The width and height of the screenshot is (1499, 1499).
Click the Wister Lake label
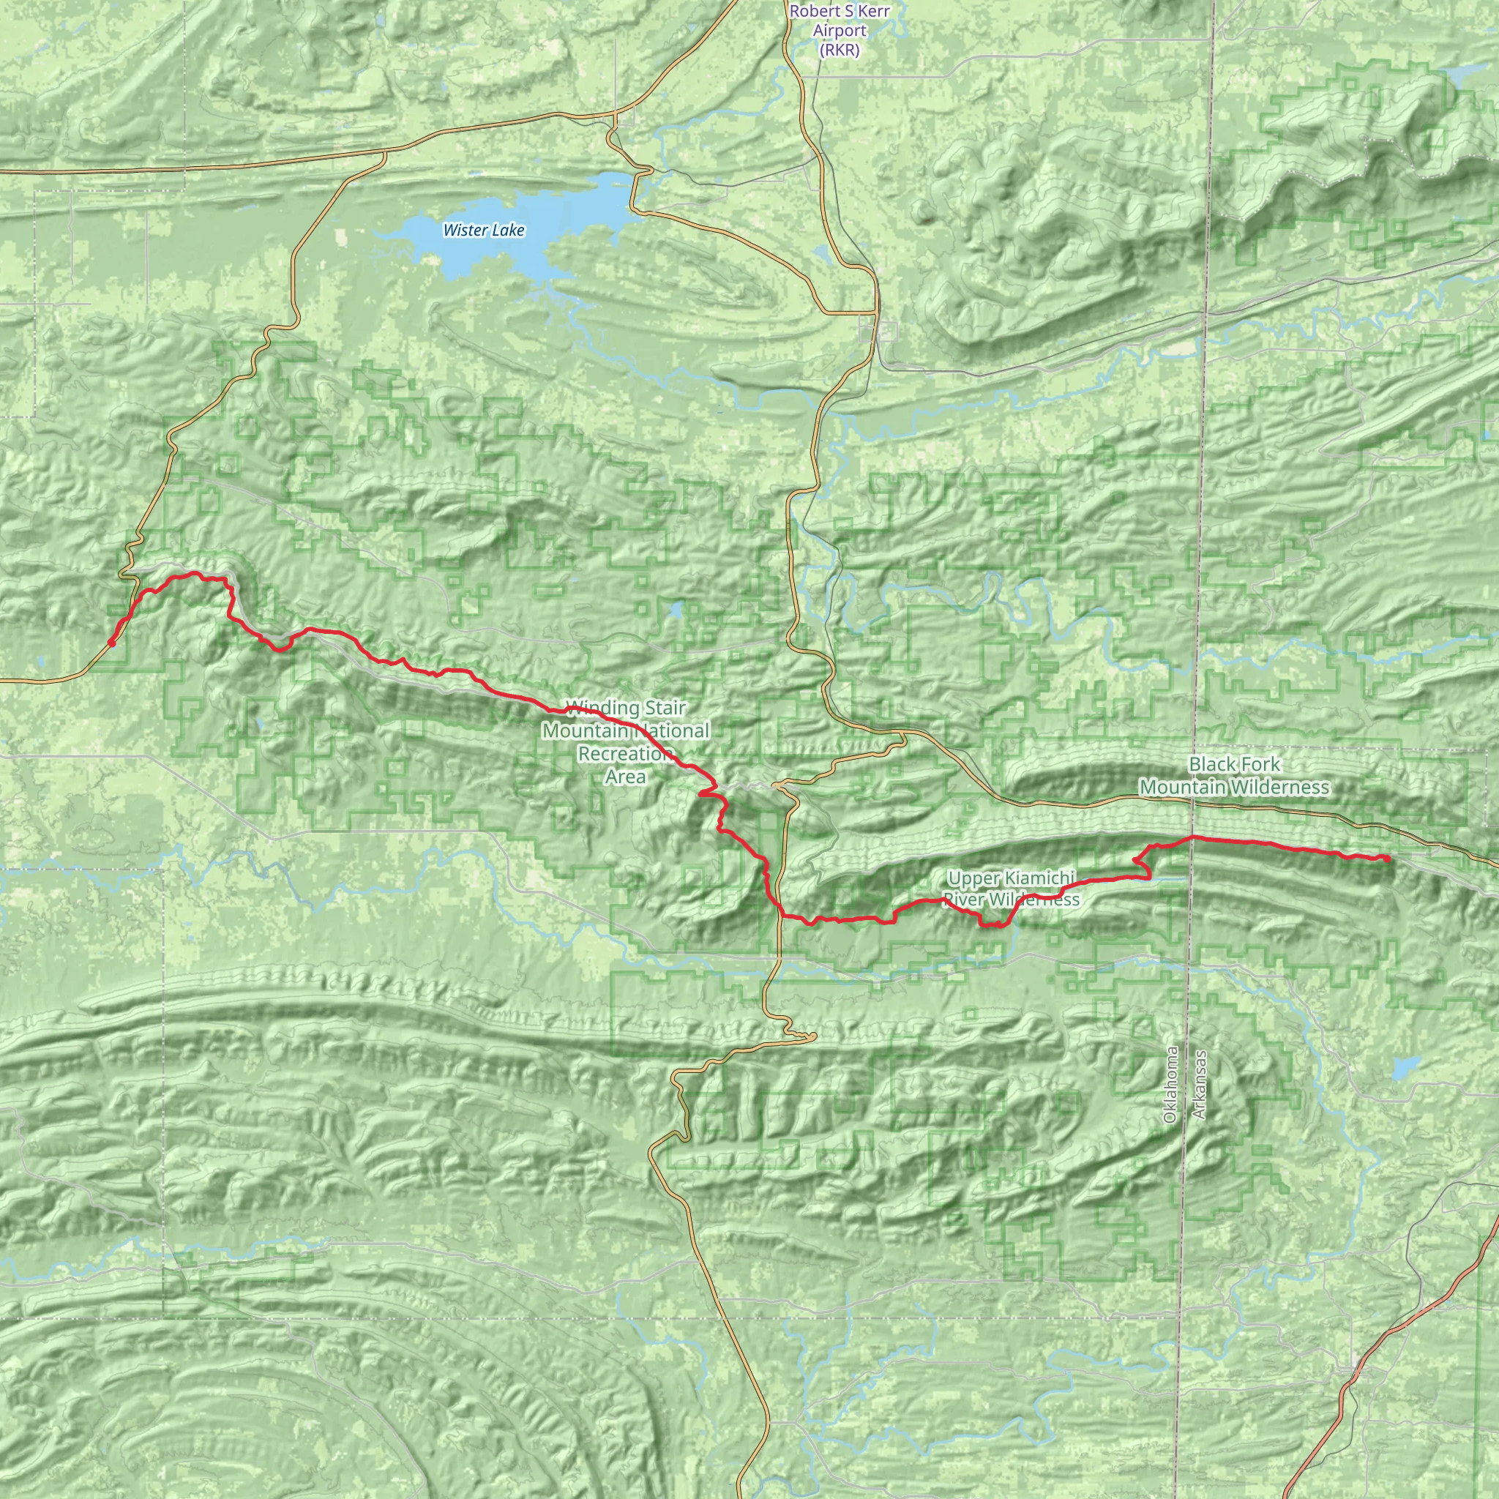click(483, 231)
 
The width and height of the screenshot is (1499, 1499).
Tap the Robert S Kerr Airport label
click(840, 31)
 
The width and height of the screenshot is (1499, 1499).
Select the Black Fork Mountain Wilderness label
click(1233, 776)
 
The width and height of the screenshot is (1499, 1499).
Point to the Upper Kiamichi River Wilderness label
click(1012, 889)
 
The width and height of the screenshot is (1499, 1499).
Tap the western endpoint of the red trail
click(112, 643)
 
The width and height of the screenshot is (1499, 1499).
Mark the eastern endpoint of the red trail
click(1386, 858)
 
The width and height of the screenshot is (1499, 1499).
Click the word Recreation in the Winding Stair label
click(624, 753)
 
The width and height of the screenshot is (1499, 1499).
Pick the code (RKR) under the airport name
click(840, 51)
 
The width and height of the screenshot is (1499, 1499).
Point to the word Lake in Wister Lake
click(509, 231)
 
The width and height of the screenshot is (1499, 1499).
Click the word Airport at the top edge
click(840, 31)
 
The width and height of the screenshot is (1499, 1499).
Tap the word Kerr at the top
click(870, 12)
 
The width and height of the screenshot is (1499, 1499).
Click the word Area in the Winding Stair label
click(625, 777)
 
